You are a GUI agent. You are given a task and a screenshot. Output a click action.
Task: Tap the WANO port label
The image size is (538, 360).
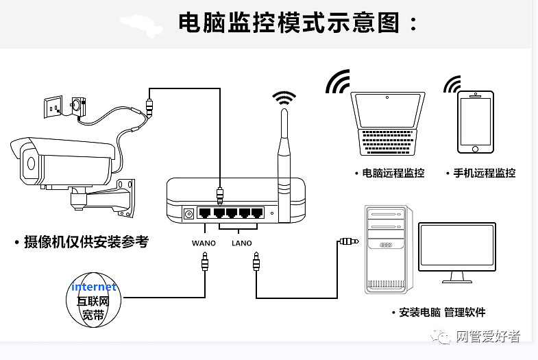coord(204,243)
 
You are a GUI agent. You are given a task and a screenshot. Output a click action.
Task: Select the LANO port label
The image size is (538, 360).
coord(241,243)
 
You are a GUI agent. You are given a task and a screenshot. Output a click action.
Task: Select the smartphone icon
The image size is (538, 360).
coord(476,122)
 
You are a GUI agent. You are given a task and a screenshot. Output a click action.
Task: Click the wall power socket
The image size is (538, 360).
coord(55,107)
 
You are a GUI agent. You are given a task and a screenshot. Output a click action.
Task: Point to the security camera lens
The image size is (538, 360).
coord(30,163)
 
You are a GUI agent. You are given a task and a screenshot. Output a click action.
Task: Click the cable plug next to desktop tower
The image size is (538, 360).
coord(348,241)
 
